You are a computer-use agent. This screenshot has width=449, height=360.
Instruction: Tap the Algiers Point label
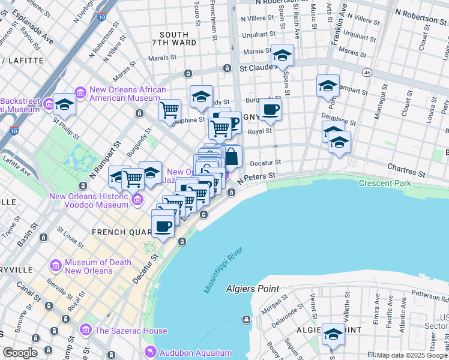tap(253, 289)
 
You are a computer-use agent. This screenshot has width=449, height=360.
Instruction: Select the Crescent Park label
tap(385, 183)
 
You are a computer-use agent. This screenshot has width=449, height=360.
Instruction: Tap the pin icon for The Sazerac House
tap(85, 330)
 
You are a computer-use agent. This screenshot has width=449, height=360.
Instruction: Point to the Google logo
tap(20, 353)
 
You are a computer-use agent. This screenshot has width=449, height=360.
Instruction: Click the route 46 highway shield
tap(367, 73)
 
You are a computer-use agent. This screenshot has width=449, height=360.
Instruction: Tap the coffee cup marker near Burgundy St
tap(270, 110)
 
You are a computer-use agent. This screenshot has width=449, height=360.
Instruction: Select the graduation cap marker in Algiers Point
tap(333, 333)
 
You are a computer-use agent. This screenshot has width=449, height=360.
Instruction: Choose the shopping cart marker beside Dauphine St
tap(170, 110)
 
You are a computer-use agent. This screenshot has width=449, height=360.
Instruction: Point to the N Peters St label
tap(256, 177)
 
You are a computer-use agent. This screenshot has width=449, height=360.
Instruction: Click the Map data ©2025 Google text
tap(412, 355)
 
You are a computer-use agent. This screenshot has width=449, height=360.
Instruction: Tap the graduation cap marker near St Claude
tap(282, 56)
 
